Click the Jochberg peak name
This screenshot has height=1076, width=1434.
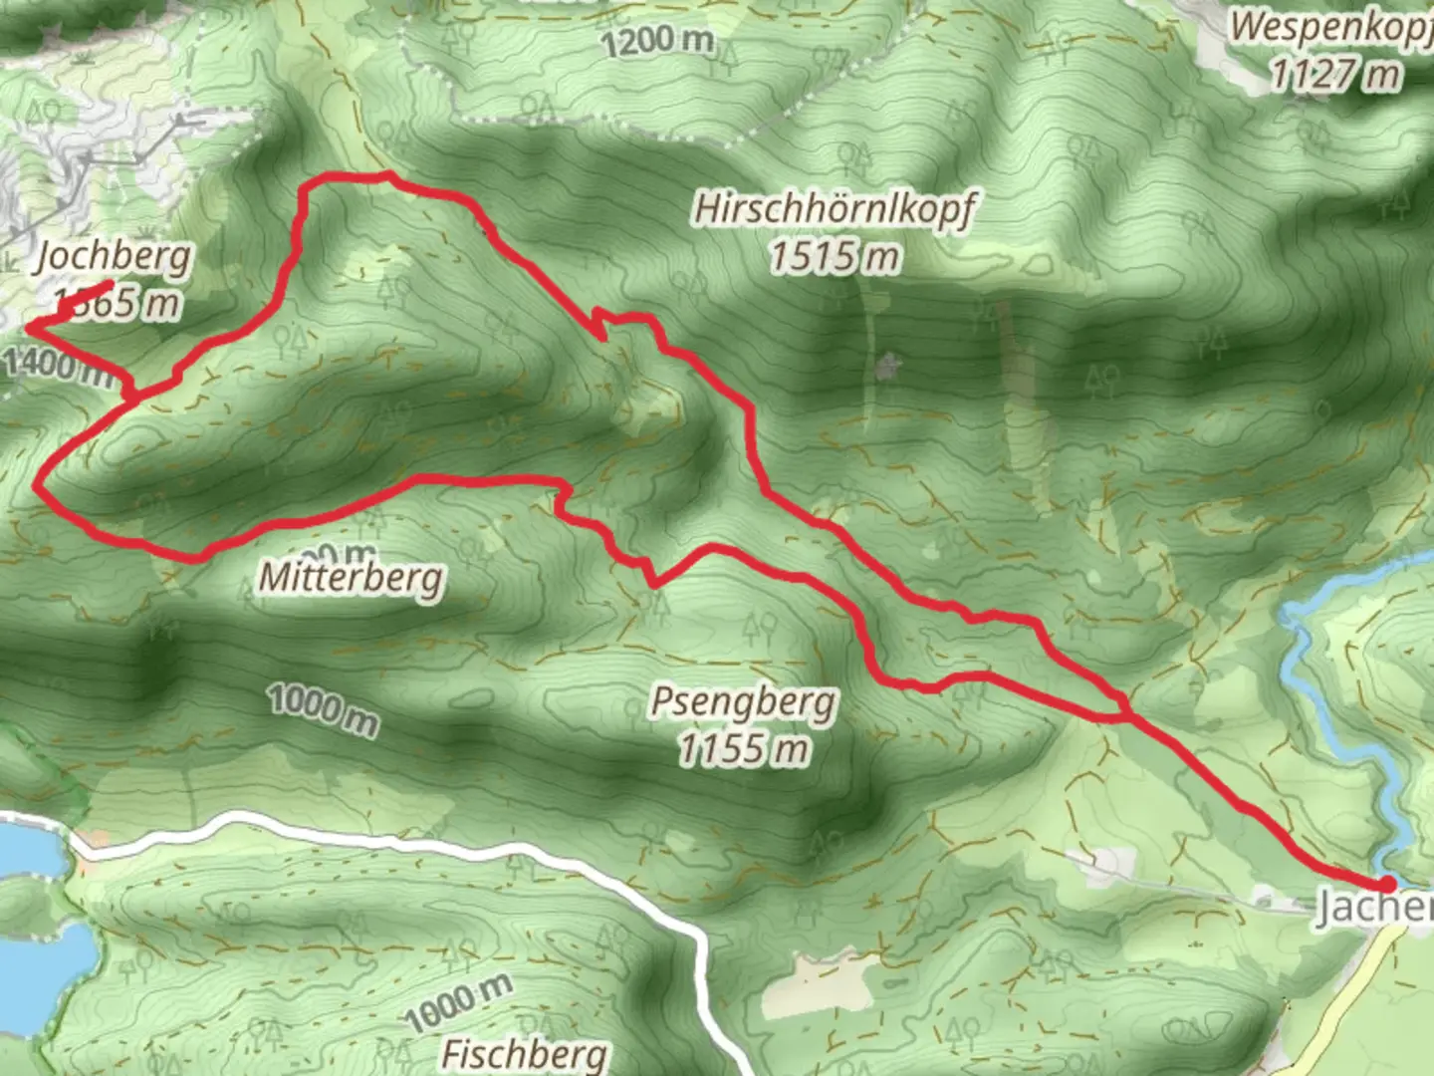tap(113, 258)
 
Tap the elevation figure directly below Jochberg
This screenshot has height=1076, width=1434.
tap(118, 302)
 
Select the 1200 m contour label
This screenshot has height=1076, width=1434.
tap(657, 41)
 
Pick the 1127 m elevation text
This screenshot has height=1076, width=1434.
tap(1334, 74)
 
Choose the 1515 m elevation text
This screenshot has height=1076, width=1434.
tap(835, 257)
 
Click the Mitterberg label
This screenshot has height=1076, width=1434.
tap(352, 577)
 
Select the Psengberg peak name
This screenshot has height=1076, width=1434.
tap(743, 702)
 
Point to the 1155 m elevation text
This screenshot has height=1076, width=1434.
tap(743, 748)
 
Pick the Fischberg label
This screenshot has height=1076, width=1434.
tap(524, 1053)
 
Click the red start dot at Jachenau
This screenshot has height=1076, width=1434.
tap(1385, 884)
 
